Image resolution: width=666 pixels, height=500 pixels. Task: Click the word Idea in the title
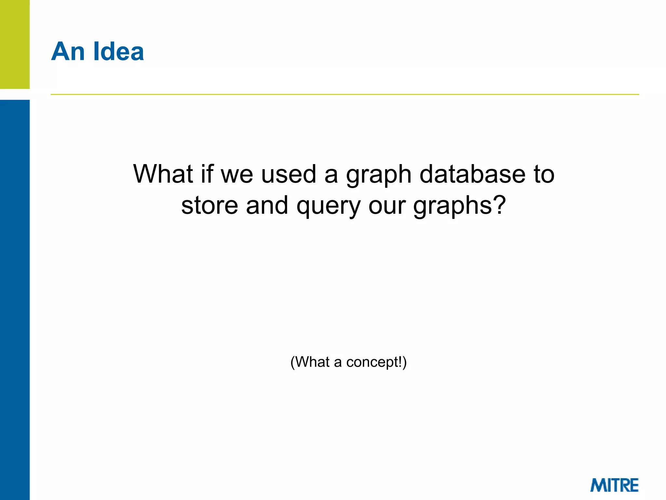click(x=118, y=51)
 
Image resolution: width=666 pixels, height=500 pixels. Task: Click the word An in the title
click(x=68, y=51)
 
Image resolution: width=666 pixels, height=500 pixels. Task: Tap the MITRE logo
click(x=614, y=485)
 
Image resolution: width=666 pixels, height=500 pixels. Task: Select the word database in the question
click(x=472, y=174)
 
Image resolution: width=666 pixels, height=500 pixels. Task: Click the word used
click(x=288, y=174)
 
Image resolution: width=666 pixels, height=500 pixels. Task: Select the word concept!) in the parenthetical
click(x=376, y=362)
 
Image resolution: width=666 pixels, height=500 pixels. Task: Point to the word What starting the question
click(x=163, y=174)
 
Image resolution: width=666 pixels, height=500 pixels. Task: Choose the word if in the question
click(x=207, y=174)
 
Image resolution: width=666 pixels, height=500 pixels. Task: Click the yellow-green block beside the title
click(x=15, y=44)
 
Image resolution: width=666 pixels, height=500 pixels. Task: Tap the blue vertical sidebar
click(x=15, y=299)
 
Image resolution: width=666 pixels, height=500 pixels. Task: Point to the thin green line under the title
click(x=345, y=94)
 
